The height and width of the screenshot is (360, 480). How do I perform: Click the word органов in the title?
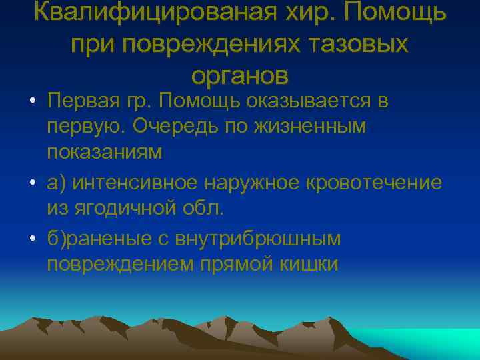coord(240,75)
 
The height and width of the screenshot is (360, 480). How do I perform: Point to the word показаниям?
coord(105,152)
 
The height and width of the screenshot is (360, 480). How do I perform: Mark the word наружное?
coord(267,182)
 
